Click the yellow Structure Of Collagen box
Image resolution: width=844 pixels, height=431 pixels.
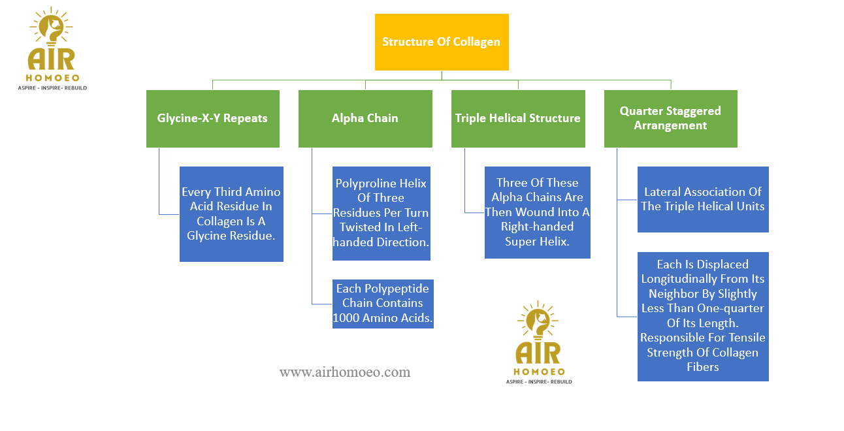point(442,42)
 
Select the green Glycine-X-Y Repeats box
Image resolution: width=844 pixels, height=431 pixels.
point(212,118)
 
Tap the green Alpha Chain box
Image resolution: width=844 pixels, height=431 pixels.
point(365,118)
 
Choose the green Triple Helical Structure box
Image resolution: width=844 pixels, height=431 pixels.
point(518,118)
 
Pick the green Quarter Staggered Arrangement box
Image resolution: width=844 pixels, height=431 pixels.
point(670,118)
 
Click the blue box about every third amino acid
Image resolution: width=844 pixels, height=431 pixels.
point(231,214)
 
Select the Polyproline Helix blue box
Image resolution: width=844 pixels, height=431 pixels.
point(381,213)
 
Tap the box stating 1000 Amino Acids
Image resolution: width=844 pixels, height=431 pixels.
point(383,304)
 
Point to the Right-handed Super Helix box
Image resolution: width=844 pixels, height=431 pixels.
point(537,212)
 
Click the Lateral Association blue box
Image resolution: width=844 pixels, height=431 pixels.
point(703,199)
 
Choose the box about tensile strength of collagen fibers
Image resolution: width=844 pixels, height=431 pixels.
point(703,316)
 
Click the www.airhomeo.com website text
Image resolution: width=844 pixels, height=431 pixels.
point(345,372)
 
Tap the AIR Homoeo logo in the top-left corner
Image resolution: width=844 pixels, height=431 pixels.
point(52,50)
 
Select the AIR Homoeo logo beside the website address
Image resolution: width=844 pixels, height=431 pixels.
point(539,343)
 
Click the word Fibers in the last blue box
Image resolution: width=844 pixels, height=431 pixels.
point(703,367)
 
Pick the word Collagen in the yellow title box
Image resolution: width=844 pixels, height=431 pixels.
point(477,42)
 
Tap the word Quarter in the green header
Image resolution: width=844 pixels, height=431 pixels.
point(642,111)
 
